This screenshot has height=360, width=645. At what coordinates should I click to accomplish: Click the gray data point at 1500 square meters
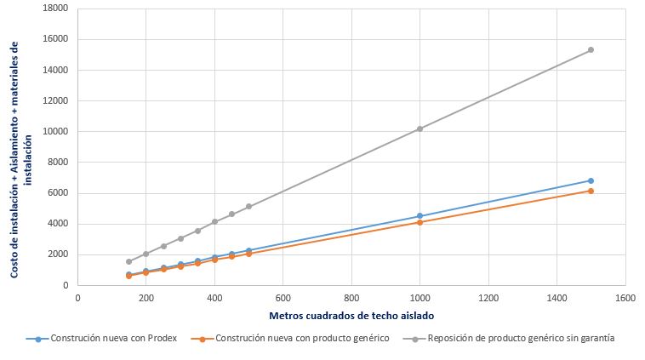[591, 50]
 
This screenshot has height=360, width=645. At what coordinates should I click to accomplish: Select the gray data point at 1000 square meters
[420, 129]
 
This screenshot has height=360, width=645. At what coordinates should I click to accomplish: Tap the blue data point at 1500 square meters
[591, 180]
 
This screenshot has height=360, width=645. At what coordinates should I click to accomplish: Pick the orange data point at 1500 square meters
[591, 191]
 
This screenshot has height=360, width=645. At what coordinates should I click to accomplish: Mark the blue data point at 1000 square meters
[420, 216]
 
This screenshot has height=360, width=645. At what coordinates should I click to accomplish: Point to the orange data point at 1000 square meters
[420, 222]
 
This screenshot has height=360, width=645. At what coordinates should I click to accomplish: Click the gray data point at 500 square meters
[248, 207]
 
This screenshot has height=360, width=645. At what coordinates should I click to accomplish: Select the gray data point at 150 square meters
[128, 261]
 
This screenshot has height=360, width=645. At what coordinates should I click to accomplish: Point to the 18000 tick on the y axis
[57, 9]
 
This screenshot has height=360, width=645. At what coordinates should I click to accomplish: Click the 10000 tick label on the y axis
[57, 132]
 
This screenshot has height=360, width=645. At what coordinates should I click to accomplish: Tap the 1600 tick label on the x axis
[625, 298]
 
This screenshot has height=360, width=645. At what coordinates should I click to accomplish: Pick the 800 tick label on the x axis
[351, 298]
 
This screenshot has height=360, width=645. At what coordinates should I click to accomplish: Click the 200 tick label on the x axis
[146, 298]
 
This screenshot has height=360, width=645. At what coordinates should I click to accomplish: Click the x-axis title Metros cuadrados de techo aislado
[351, 316]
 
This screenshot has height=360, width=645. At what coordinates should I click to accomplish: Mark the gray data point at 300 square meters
[180, 238]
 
